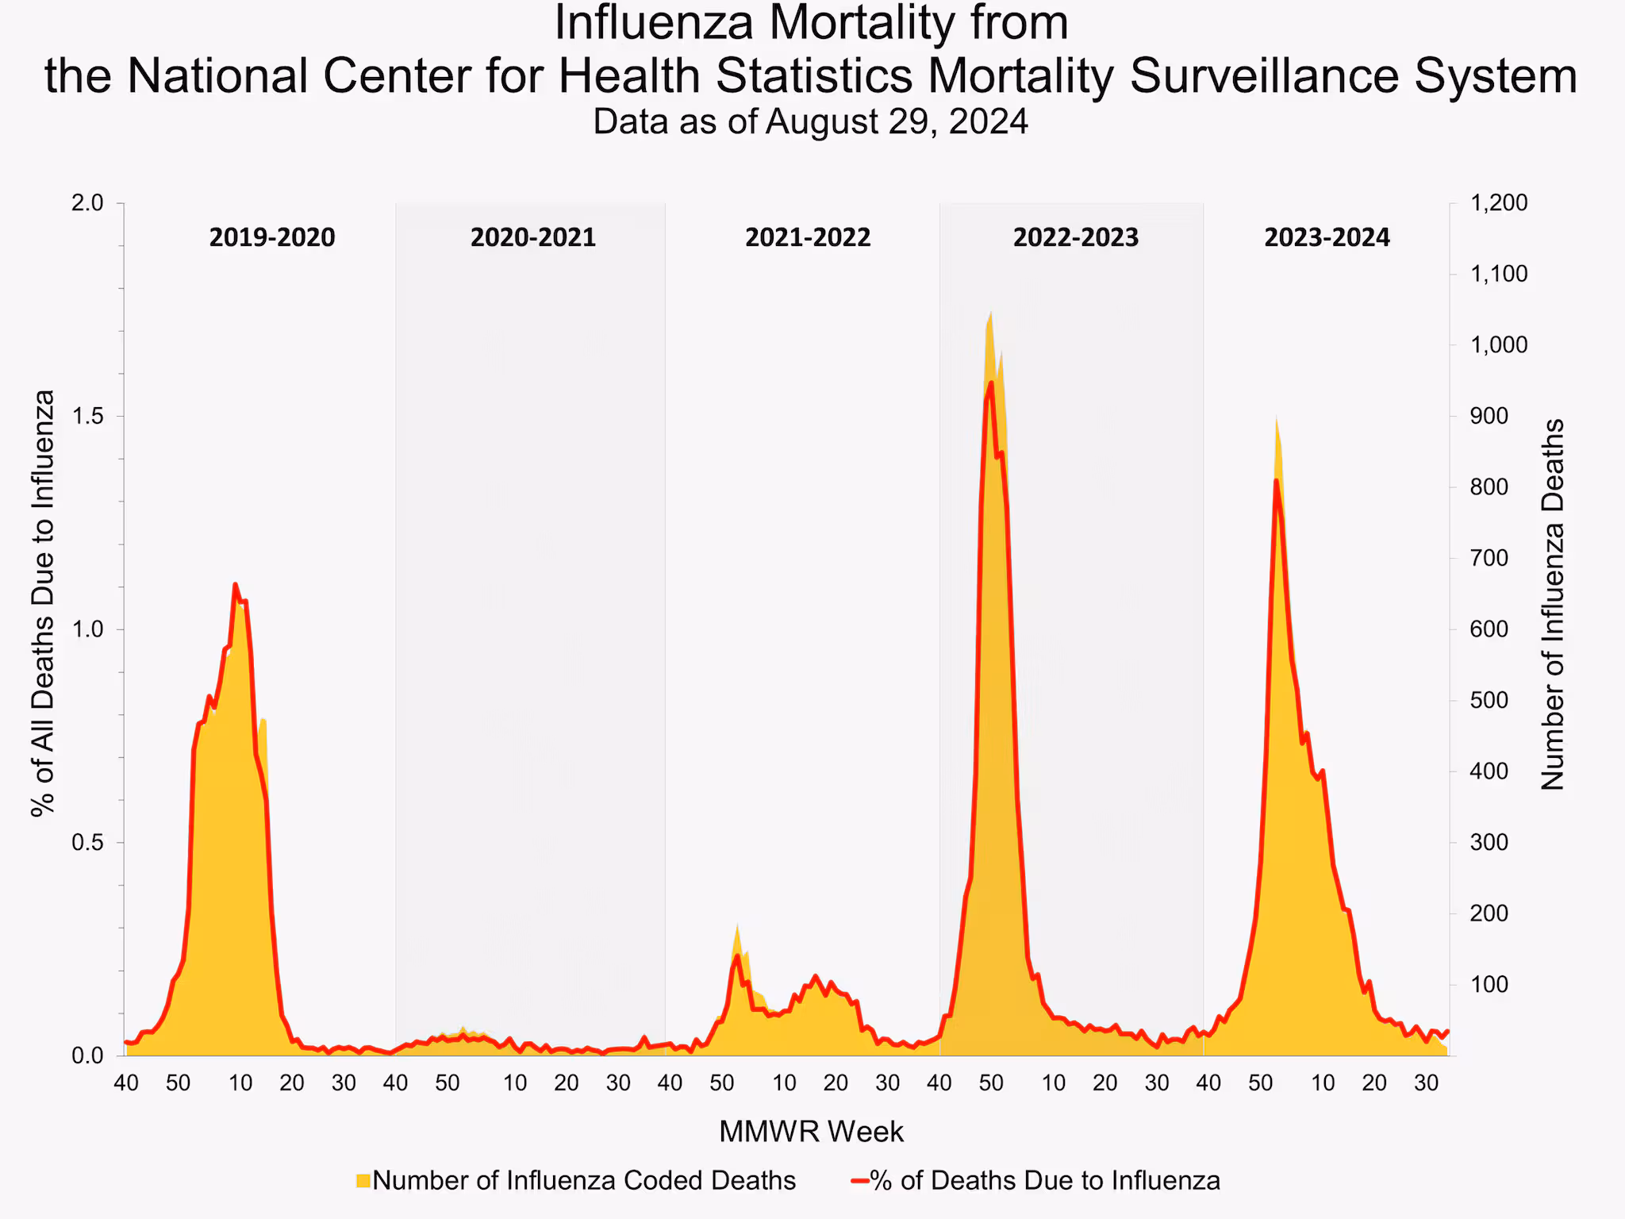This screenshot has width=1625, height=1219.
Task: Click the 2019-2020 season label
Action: click(x=272, y=237)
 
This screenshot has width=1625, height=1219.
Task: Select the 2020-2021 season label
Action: click(x=532, y=237)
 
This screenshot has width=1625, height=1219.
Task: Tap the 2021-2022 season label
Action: click(x=808, y=237)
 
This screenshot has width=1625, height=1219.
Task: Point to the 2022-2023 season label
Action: click(x=1075, y=237)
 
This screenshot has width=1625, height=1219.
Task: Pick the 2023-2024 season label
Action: click(x=1327, y=237)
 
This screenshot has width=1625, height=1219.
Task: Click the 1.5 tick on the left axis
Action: click(x=88, y=417)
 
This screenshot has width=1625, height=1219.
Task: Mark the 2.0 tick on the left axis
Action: click(x=88, y=203)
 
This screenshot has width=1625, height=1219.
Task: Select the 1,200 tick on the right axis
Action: click(x=1499, y=203)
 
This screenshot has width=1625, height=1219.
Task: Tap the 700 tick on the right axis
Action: click(x=1489, y=558)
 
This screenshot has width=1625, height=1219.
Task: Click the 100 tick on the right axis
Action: click(x=1489, y=984)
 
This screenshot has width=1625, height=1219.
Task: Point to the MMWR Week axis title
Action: click(x=811, y=1132)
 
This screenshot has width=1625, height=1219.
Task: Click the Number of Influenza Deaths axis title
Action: click(x=1553, y=605)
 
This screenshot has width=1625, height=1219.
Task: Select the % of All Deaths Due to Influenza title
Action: click(x=44, y=603)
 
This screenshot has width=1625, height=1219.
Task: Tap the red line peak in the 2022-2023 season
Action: click(x=991, y=383)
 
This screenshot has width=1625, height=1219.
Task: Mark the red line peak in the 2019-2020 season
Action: click(x=235, y=585)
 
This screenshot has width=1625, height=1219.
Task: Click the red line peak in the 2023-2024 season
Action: click(x=1276, y=480)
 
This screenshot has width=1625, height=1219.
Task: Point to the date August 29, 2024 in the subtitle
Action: click(x=897, y=122)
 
